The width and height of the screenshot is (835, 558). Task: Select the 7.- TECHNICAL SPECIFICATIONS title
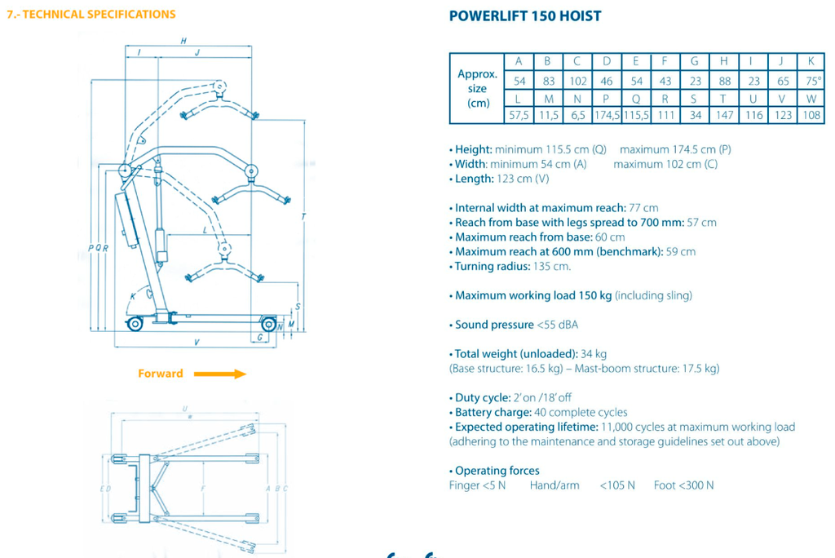click(x=91, y=15)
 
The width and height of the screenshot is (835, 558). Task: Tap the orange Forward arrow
click(x=220, y=374)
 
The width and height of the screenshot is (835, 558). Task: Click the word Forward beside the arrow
click(x=161, y=374)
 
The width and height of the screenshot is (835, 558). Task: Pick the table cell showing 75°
click(x=812, y=81)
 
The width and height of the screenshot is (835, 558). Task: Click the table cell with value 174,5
click(x=607, y=115)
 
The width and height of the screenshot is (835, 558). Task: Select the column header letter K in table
click(x=812, y=61)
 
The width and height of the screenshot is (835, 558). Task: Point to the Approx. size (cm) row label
click(x=477, y=88)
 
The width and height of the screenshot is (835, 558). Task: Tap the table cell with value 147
click(x=724, y=115)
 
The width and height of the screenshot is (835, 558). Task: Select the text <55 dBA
click(x=557, y=325)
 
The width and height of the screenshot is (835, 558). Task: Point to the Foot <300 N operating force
click(x=683, y=485)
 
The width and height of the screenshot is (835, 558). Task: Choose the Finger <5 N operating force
click(x=477, y=485)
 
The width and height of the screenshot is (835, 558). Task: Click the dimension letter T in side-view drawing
click(x=303, y=216)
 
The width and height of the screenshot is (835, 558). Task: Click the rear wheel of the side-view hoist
click(x=135, y=324)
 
